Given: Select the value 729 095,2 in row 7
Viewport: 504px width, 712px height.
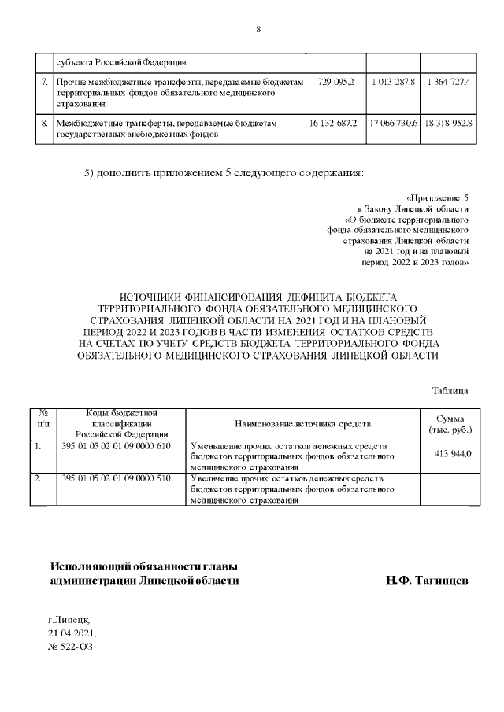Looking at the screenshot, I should coord(335,82).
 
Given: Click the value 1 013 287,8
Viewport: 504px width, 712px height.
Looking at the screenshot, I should coord(393,82).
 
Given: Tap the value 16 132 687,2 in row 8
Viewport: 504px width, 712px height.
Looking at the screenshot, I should coord(334,124).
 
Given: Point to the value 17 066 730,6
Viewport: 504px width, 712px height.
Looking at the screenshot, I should coord(393,124).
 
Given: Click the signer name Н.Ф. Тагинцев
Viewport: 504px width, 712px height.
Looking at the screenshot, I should coord(428,580).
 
